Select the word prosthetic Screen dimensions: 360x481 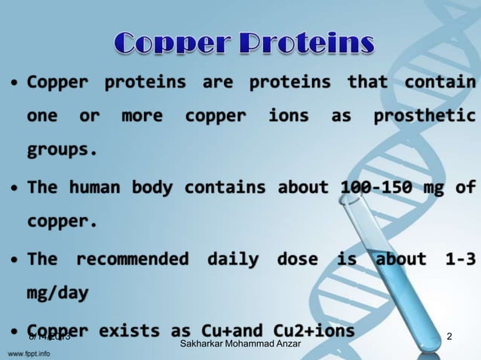coord(424,116)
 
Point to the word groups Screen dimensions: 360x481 coord(62,149)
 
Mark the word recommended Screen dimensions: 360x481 coord(132,260)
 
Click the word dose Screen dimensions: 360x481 coord(297,260)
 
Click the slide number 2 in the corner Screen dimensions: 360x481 coord(449,335)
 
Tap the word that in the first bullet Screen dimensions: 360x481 coord(367,81)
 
